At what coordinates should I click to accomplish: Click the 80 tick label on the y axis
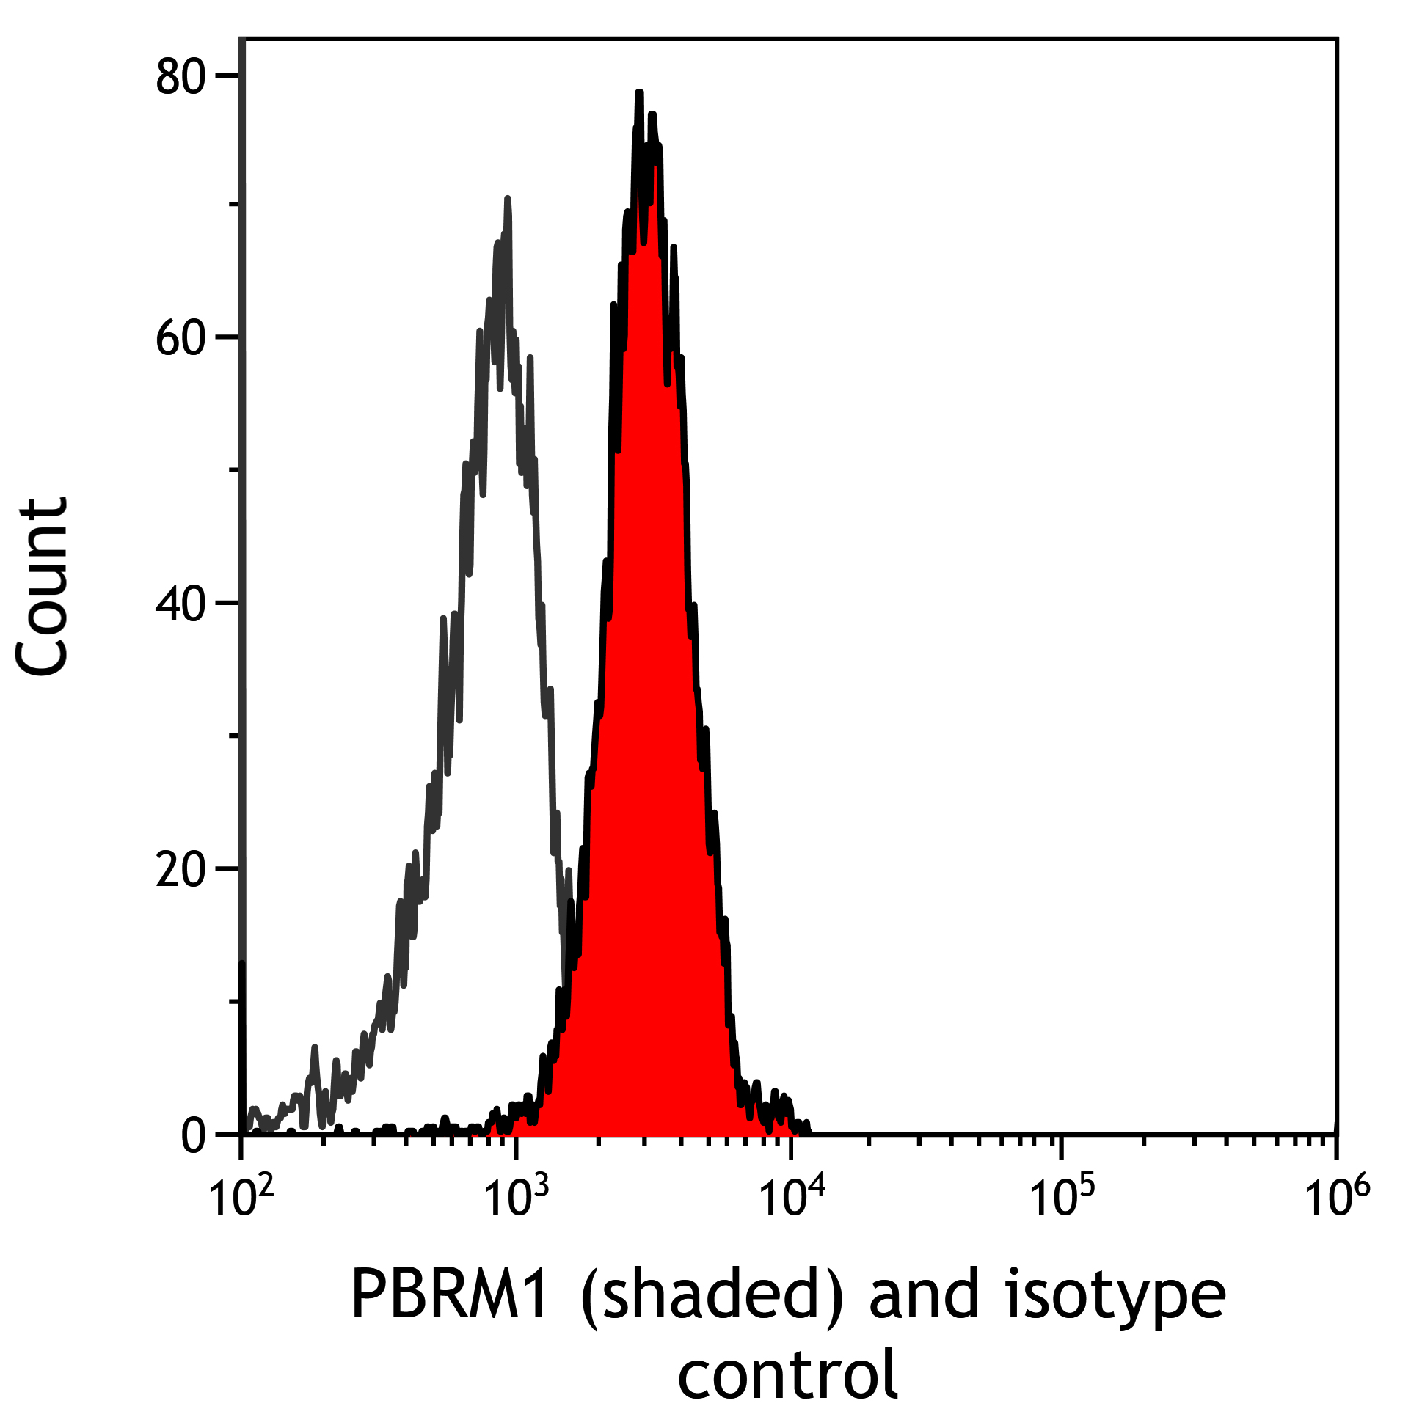(x=181, y=77)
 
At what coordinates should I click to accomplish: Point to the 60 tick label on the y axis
(x=181, y=339)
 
